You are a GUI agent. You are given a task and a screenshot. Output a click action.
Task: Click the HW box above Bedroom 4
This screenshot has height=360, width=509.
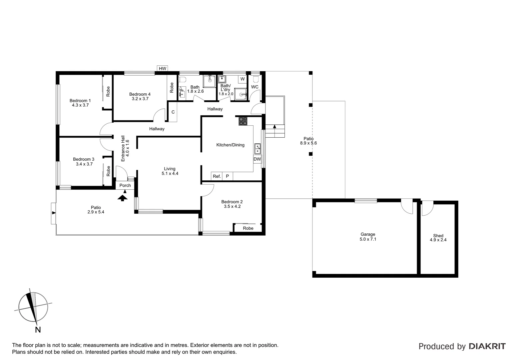point(162,69)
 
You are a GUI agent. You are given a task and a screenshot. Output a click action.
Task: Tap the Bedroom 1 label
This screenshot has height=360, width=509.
point(80,103)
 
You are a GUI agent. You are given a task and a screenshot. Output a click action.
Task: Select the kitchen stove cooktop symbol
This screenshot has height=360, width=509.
point(243,121)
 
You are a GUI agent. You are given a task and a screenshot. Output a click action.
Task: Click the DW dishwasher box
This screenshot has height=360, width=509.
point(257,159)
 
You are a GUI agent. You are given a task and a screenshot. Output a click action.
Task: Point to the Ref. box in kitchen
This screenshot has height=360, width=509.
point(217,176)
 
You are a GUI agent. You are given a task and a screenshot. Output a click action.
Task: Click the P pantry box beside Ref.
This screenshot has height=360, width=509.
point(228,176)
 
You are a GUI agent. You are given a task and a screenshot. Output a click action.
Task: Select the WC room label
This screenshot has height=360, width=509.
point(254,87)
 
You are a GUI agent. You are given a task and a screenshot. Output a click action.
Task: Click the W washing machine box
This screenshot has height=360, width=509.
point(243,79)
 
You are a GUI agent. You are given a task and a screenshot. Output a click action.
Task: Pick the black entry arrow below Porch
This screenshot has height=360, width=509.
point(123,198)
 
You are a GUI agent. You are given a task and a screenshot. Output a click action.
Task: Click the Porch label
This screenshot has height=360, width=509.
point(125,185)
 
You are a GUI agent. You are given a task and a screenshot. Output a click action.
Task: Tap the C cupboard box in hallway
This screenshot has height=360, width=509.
point(173,112)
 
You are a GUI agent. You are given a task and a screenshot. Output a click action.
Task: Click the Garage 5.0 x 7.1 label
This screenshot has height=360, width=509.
point(368,237)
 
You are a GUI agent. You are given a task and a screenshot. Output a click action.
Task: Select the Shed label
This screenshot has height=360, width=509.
point(438,236)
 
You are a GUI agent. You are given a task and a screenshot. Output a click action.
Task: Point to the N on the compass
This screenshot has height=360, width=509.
point(38,330)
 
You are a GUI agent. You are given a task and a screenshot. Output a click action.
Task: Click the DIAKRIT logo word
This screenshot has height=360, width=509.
point(487,346)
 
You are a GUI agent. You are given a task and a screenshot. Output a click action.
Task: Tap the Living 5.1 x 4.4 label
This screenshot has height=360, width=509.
point(170,171)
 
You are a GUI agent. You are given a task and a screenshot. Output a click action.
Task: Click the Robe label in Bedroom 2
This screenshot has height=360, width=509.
point(248,228)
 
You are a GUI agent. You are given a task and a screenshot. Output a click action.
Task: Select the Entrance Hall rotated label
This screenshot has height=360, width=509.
point(125,148)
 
